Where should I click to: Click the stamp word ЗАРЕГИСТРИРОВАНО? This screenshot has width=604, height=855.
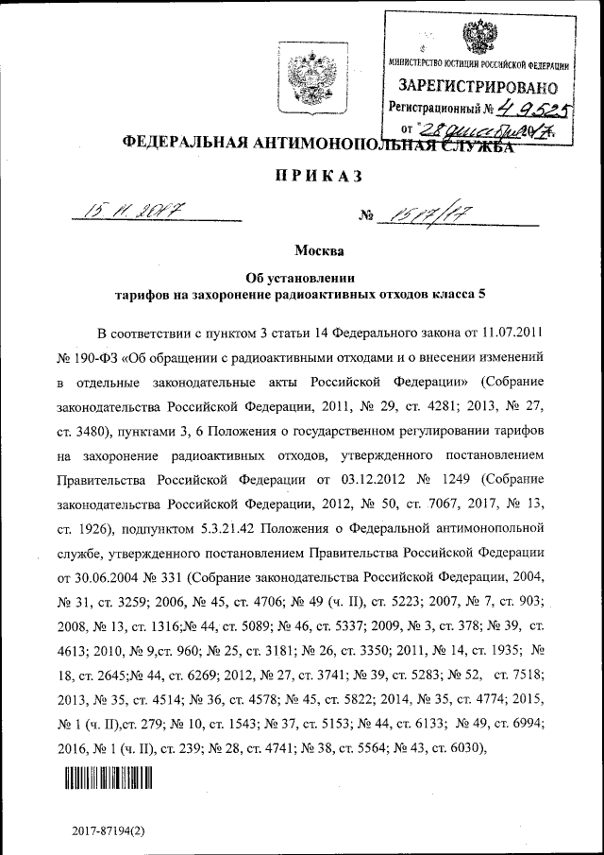tap(479, 87)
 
